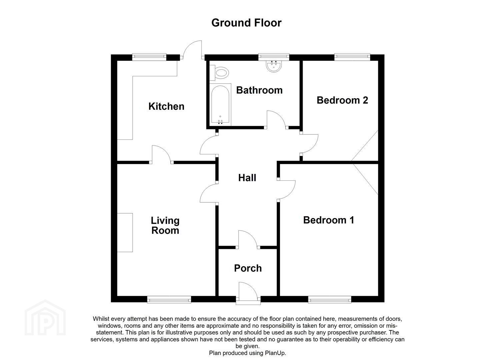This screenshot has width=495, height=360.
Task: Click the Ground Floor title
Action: (246, 23)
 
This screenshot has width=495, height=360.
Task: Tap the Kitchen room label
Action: (166, 107)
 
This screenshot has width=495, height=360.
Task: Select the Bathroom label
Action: (259, 90)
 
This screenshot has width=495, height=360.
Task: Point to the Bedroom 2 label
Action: (342, 100)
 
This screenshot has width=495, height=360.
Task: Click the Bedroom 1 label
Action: (329, 220)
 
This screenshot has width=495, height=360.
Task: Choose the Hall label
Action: (247, 178)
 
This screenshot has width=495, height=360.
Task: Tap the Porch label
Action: (248, 268)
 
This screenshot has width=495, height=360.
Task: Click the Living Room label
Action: (165, 225)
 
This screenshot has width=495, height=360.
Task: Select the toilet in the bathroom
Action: (219, 72)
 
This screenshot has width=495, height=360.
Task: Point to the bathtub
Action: (220, 105)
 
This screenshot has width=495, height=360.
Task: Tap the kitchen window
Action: (149, 57)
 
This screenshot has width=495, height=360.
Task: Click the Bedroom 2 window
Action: (352, 57)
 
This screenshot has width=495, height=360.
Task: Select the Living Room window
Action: (169, 299)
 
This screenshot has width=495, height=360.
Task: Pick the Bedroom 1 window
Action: (329, 299)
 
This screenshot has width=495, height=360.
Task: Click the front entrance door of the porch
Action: (248, 293)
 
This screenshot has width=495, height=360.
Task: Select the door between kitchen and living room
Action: (162, 155)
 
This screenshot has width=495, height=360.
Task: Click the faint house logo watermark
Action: (45, 318)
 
